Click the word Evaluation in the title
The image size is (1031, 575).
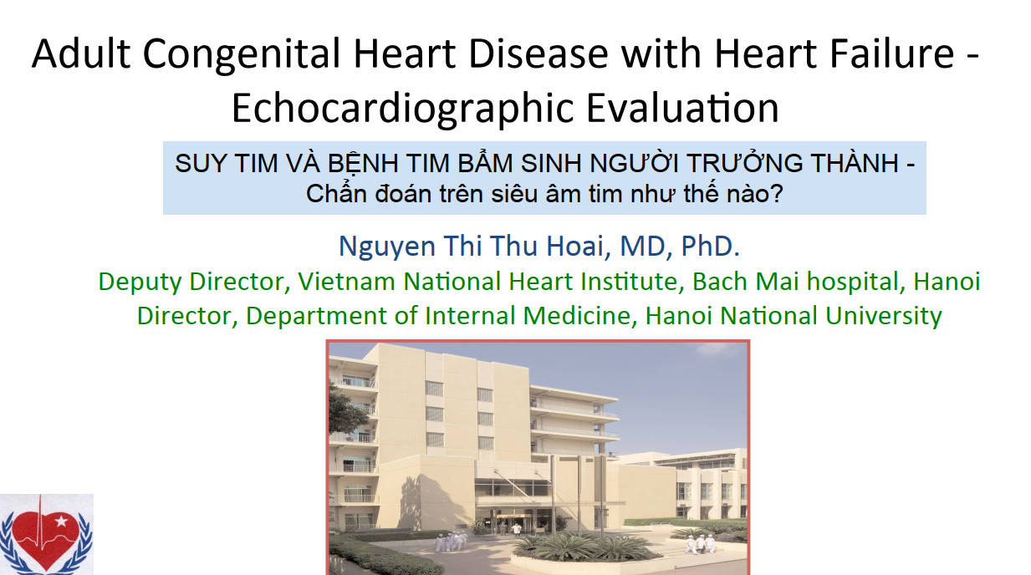tap(682, 108)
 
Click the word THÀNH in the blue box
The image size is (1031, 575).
tap(855, 162)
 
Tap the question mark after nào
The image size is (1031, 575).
tap(777, 194)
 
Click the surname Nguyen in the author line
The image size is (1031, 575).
tap(387, 247)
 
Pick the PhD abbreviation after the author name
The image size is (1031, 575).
tap(710, 246)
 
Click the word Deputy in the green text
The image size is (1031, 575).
tap(140, 282)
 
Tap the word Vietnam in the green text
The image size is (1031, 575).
tap(346, 282)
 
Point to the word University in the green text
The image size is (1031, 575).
tap(883, 317)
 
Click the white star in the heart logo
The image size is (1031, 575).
tap(61, 522)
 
